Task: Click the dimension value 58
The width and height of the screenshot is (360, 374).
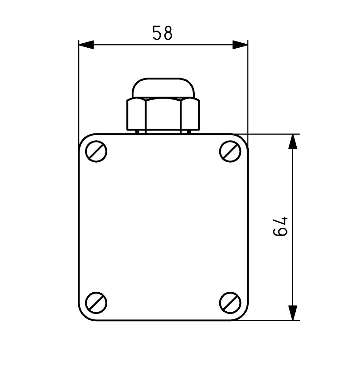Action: click(162, 33)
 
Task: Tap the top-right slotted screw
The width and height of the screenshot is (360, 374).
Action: click(230, 151)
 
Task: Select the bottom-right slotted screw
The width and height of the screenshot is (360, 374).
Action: click(230, 302)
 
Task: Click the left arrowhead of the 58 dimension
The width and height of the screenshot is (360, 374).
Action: click(86, 45)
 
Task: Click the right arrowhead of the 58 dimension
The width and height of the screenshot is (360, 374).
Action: click(240, 45)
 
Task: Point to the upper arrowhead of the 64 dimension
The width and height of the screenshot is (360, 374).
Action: click(292, 142)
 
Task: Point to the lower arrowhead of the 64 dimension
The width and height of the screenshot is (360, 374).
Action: click(292, 313)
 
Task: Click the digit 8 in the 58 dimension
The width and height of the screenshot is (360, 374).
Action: click(168, 33)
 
